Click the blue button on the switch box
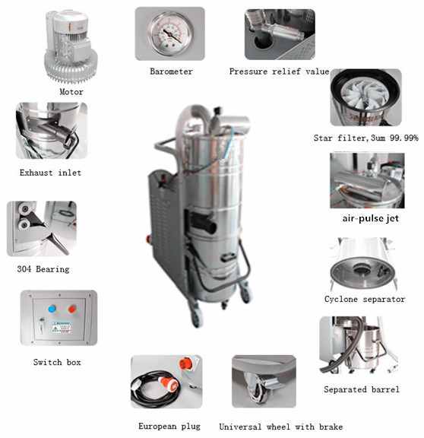[52, 309]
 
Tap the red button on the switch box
[72, 309]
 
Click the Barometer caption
[171, 71]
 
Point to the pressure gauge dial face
[170, 33]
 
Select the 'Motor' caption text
[71, 92]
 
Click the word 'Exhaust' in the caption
[36, 173]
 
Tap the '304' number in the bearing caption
[24, 269]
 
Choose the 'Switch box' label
[57, 362]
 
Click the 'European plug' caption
[169, 427]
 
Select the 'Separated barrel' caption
[362, 389]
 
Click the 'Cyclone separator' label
[365, 299]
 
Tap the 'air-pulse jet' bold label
[370, 218]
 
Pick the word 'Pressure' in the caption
[248, 71]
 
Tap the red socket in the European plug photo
[185, 363]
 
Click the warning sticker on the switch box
[61, 328]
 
